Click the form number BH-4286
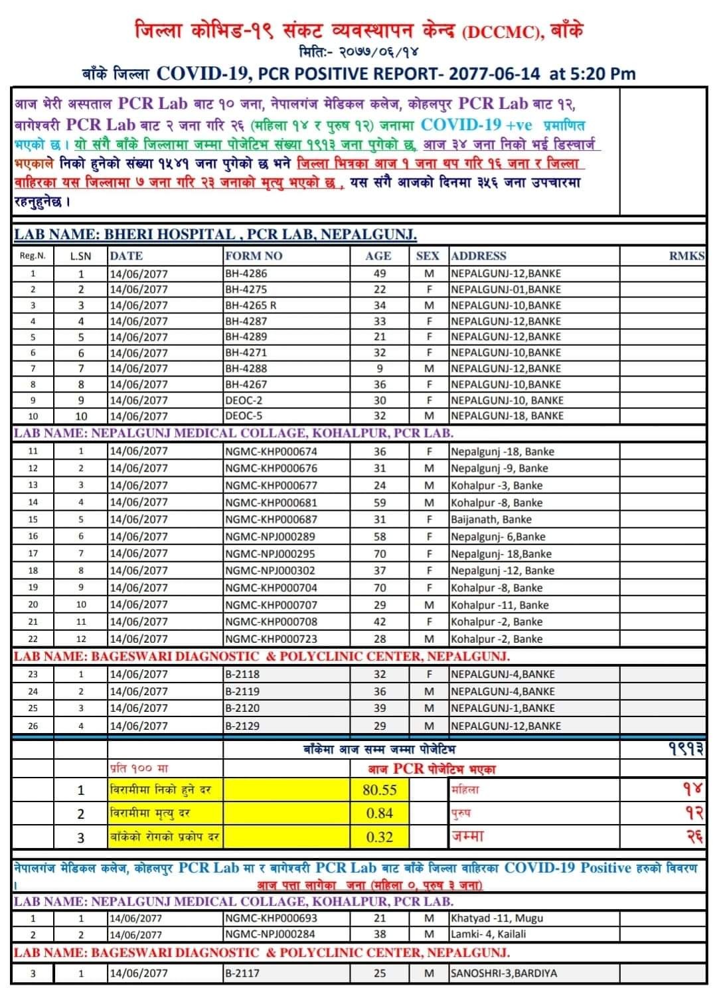[x=246, y=274]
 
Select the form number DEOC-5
[x=244, y=416]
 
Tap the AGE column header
[x=378, y=256]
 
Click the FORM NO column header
[x=254, y=256]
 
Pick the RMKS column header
[x=686, y=256]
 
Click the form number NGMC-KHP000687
[x=271, y=520]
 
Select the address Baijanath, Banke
[x=491, y=520]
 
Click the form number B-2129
[x=242, y=726]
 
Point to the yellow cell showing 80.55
[x=380, y=790]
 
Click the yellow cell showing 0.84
[x=380, y=813]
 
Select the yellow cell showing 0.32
[x=380, y=837]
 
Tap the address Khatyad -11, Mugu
[x=497, y=918]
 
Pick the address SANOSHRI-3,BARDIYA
[x=504, y=973]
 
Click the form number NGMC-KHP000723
[x=271, y=639]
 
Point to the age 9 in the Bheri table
[x=379, y=369]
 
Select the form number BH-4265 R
[x=250, y=305]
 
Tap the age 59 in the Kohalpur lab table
[x=379, y=503]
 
